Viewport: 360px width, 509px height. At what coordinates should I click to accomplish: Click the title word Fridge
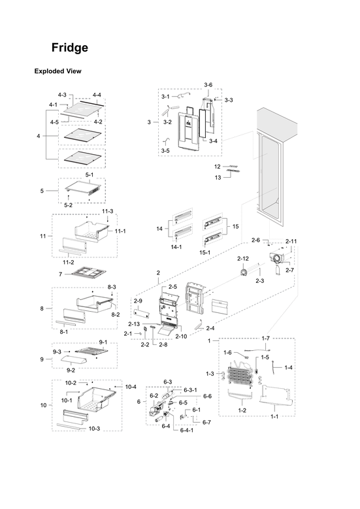tap(70, 48)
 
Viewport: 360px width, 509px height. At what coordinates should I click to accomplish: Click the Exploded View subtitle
tap(57, 71)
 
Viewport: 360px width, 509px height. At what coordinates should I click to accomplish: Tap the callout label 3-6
tap(208, 86)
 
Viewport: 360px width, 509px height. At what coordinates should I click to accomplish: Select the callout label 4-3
tap(62, 95)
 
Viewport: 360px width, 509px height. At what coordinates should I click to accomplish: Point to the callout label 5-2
tap(68, 205)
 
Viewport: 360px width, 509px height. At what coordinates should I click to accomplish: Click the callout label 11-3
tap(107, 211)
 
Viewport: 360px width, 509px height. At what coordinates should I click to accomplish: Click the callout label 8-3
tap(112, 287)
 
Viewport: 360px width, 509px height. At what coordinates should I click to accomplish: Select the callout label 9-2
tap(69, 369)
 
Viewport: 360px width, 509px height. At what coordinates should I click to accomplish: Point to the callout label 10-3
tap(94, 429)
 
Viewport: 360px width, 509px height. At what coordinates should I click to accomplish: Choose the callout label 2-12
tap(242, 258)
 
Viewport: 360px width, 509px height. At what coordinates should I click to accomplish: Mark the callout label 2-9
tap(138, 301)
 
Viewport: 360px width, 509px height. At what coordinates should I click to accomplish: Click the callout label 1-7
tap(265, 338)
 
